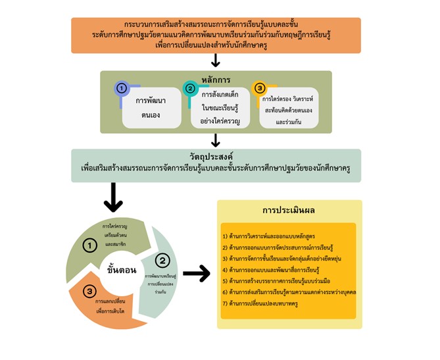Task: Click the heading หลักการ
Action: [x=216, y=80]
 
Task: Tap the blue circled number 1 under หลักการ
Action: [x=121, y=89]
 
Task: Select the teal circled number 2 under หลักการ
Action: [x=189, y=89]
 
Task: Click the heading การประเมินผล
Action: [x=289, y=212]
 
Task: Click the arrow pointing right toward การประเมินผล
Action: [x=196, y=274]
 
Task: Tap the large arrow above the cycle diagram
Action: [x=113, y=197]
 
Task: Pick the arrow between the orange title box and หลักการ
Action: [x=215, y=61]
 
